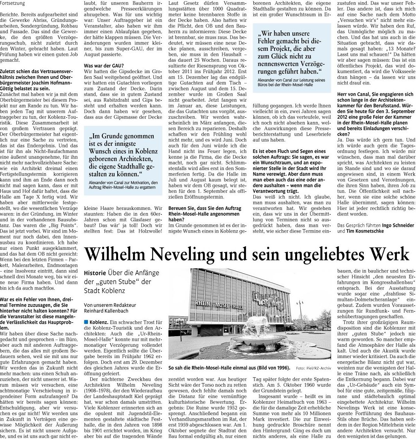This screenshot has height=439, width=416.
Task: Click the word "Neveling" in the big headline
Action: [174, 254]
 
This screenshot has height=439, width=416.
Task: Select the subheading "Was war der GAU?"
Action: [104, 65]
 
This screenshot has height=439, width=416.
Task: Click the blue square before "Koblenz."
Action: [86, 322]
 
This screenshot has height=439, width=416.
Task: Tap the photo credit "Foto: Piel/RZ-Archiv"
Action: [314, 368]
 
